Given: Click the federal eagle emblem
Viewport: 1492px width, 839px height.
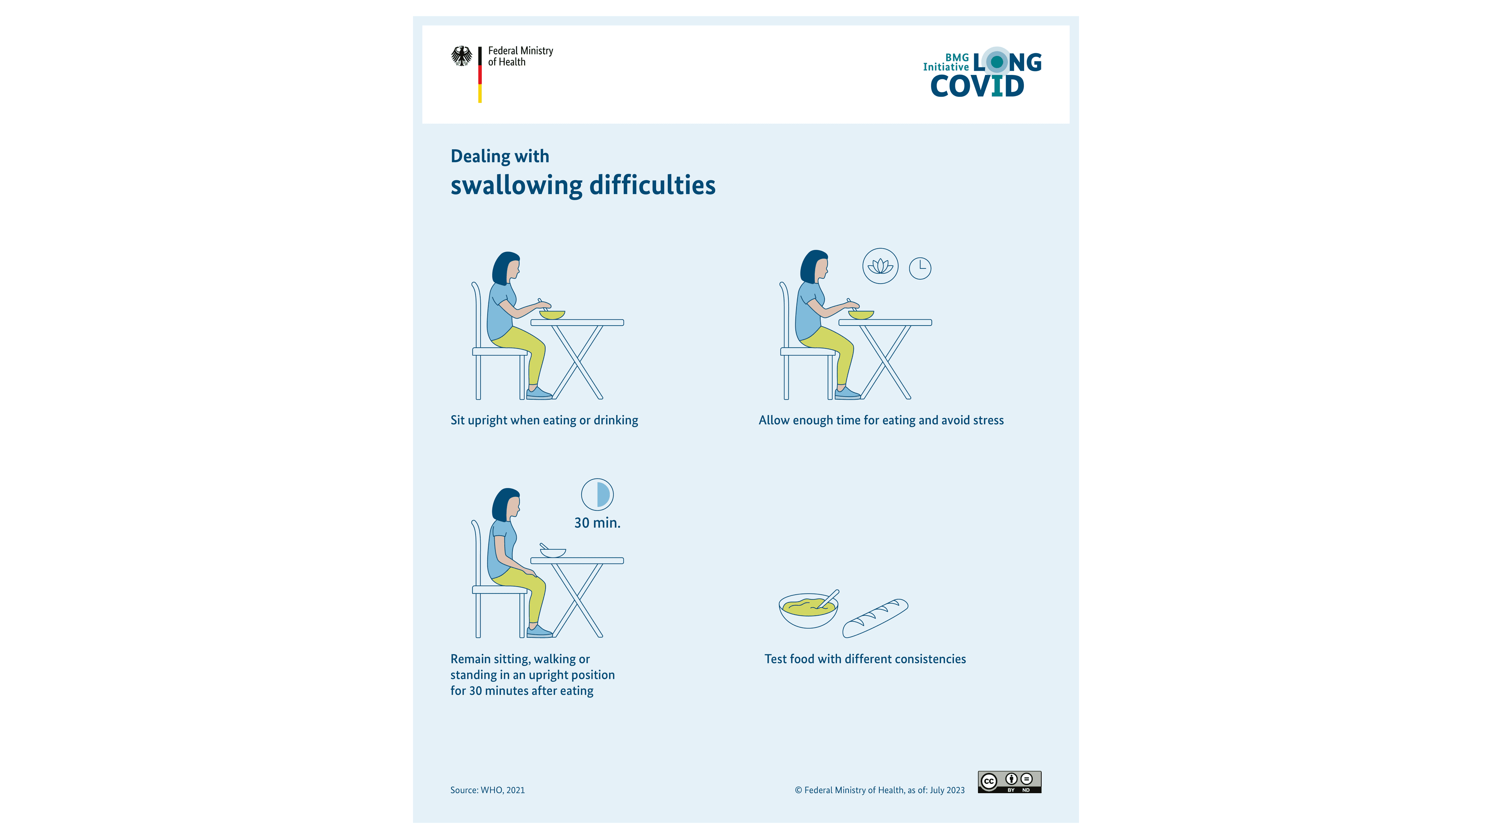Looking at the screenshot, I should pos(462,56).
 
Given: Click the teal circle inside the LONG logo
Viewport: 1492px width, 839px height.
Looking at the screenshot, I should pos(997,61).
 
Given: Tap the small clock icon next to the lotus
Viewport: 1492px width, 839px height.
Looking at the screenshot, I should pos(920,268).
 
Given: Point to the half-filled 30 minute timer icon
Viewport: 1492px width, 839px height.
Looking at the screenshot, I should pos(597,494).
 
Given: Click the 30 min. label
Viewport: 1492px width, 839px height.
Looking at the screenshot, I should pos(597,523).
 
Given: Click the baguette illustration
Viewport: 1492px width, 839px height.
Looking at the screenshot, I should pos(875,618).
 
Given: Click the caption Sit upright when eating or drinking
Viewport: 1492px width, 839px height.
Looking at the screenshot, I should pos(544,420).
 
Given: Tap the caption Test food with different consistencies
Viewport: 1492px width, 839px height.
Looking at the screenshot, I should pos(865,659).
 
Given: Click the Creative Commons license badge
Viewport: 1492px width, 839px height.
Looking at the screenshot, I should pos(1009,782).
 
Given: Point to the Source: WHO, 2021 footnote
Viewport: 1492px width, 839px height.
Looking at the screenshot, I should pos(487,790).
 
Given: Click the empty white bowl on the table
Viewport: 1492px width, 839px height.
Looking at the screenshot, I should pos(553,553).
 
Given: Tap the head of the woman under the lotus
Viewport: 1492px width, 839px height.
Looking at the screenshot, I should pos(815,266).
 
